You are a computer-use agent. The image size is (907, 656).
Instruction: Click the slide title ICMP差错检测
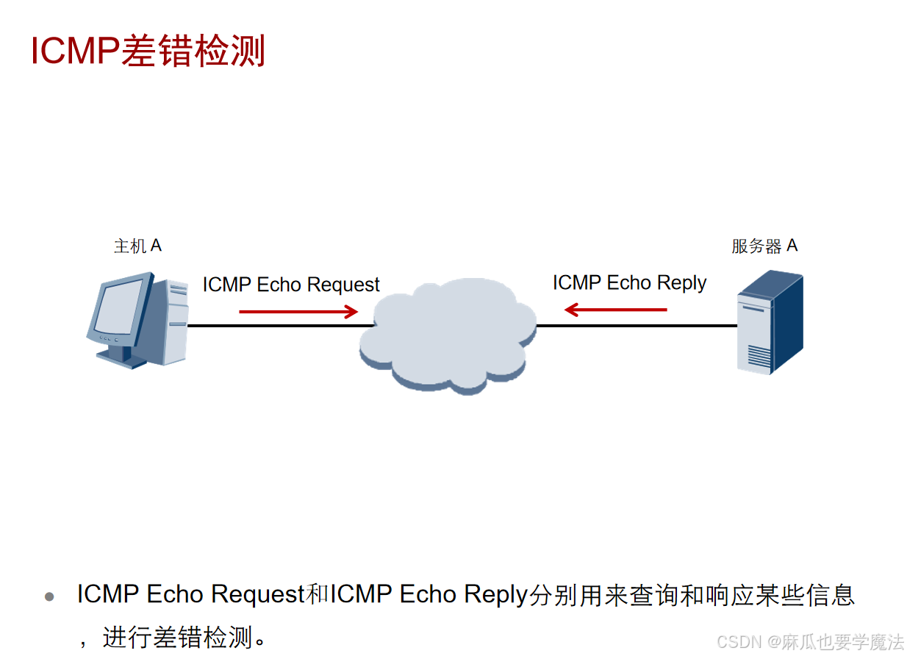148,51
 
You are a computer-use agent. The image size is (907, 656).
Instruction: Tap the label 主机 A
137,246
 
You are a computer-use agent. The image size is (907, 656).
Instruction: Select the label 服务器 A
764,246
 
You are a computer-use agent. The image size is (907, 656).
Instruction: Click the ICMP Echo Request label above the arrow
291,285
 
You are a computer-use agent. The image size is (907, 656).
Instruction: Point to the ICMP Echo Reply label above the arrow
629,283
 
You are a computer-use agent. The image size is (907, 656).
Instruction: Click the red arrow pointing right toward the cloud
298,312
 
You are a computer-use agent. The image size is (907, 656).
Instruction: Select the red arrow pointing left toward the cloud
615,310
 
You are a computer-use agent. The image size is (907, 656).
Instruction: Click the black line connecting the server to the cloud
636,325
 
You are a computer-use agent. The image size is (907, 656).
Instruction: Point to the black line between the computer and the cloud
279,325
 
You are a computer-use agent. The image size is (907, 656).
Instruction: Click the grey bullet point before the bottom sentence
49,596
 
